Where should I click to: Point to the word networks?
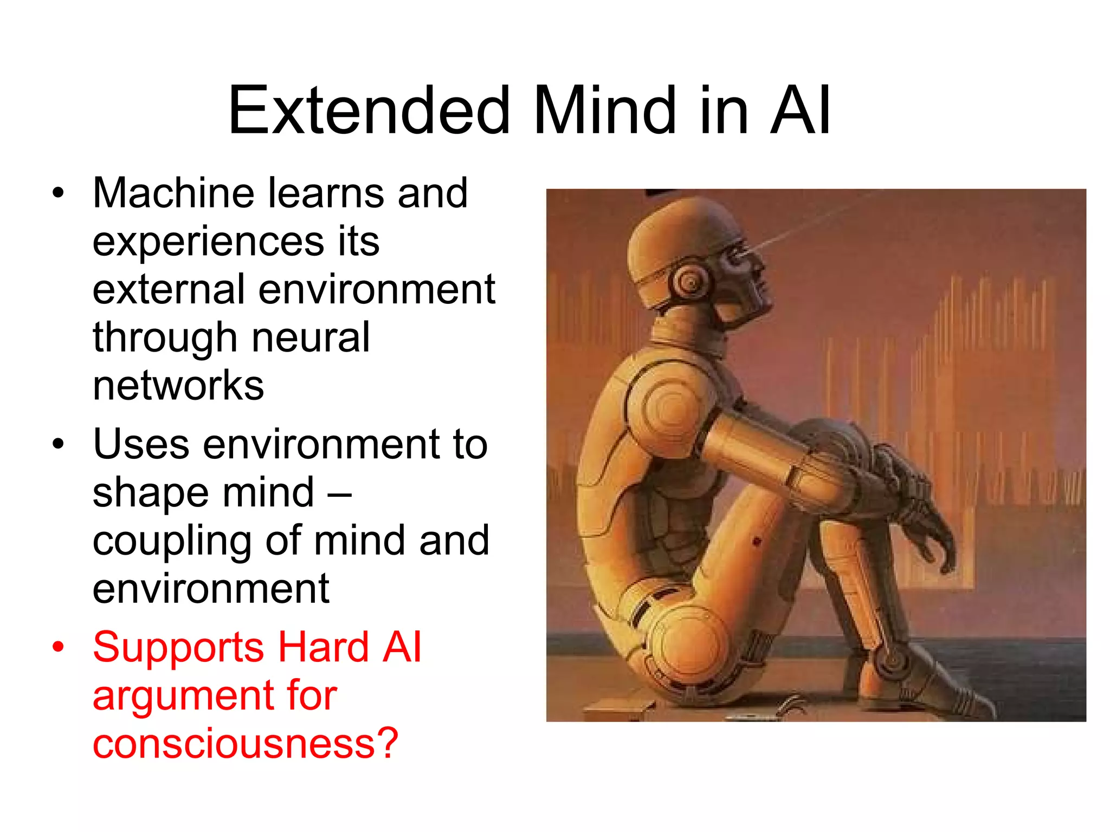pyautogui.click(x=178, y=385)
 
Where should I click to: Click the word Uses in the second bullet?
pyautogui.click(x=141, y=444)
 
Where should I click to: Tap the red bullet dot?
pyautogui.click(x=58, y=647)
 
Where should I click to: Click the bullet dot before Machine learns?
pyautogui.click(x=58, y=193)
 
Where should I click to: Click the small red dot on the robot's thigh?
pyautogui.click(x=757, y=541)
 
